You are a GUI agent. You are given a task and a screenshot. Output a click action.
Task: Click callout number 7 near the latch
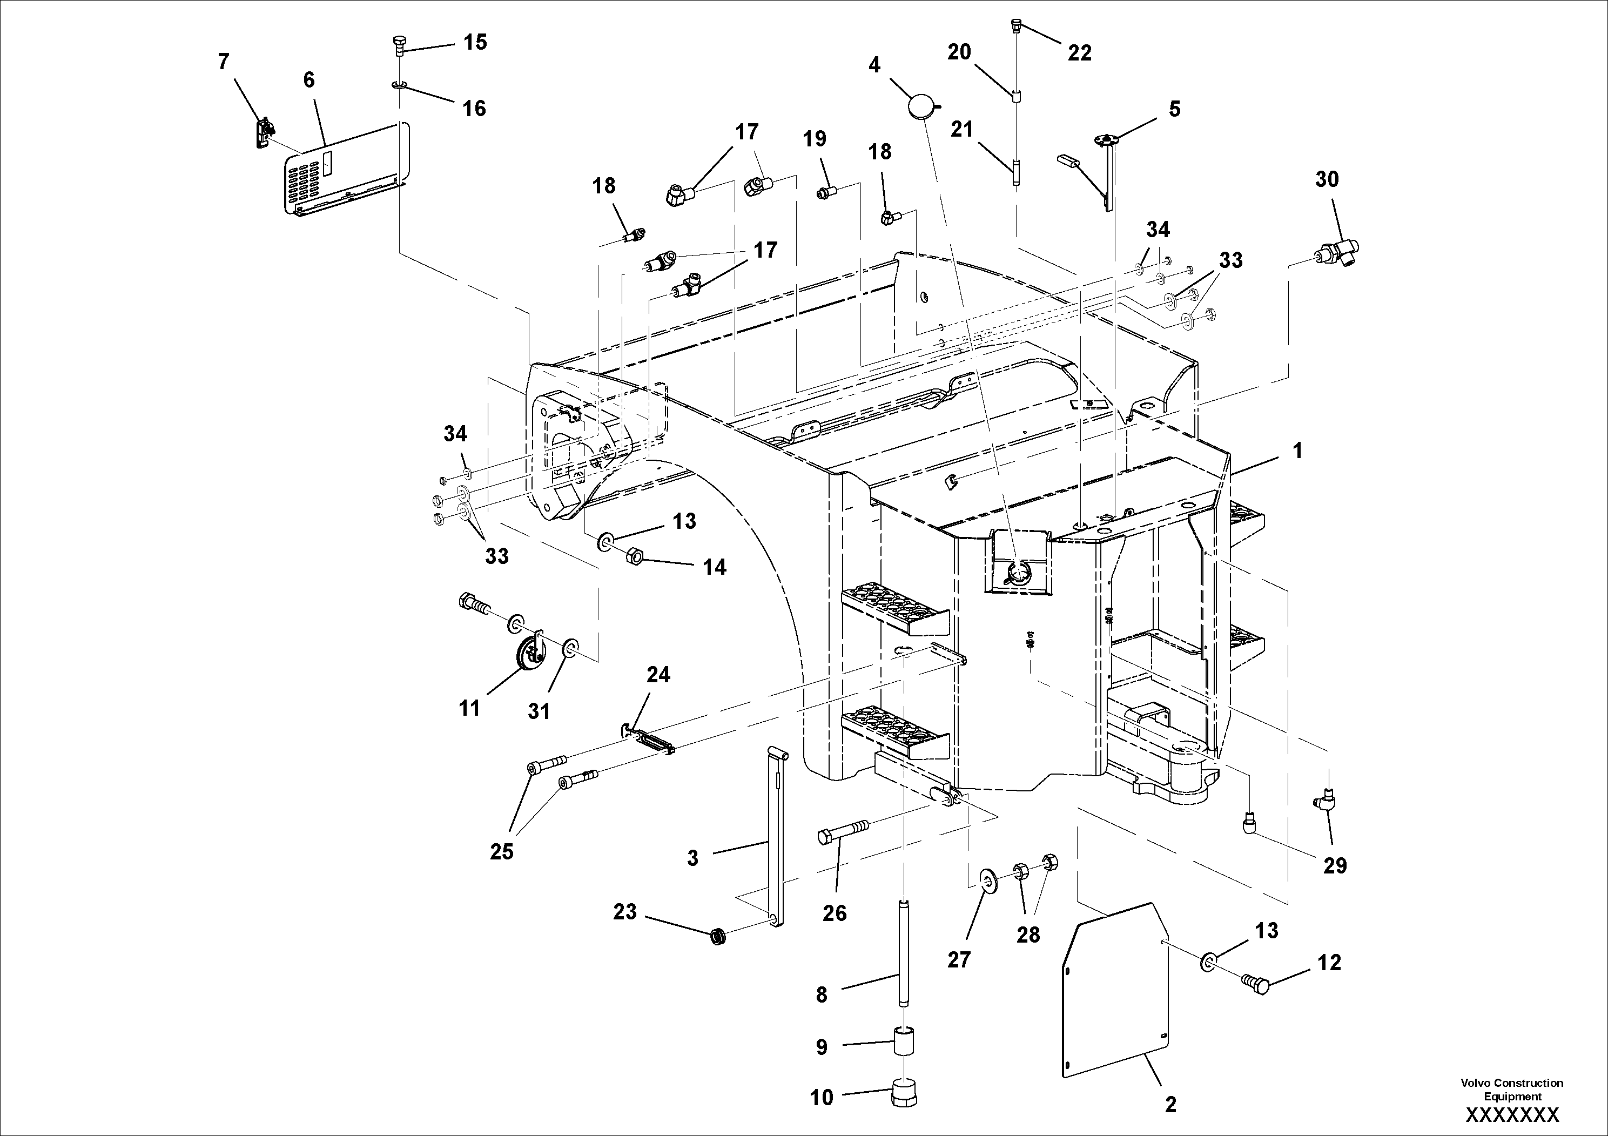[x=224, y=62]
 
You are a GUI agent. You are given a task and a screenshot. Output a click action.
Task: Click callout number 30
[x=1327, y=180]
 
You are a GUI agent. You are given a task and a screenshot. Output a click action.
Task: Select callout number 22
[x=1079, y=53]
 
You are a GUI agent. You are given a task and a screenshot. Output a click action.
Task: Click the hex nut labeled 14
[x=633, y=557]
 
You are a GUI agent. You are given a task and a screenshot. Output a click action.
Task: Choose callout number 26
[x=835, y=913]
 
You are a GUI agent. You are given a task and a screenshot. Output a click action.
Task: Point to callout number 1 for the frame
[x=1297, y=451]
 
